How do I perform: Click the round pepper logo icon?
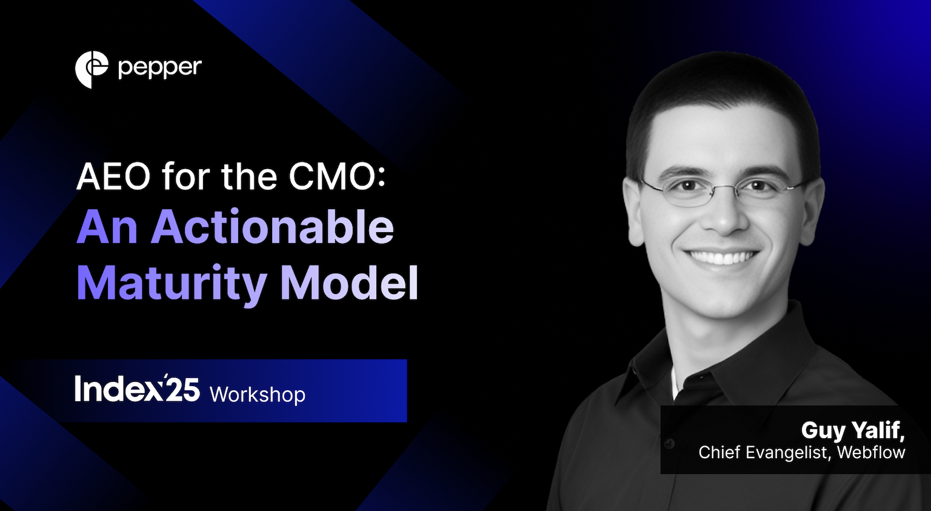tap(92, 69)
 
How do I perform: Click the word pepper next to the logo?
tap(160, 68)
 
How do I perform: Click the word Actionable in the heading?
tap(272, 227)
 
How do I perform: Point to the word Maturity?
tap(172, 282)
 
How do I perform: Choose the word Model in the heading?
tap(349, 282)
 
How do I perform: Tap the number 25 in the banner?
tap(182, 390)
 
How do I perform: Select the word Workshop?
tap(258, 395)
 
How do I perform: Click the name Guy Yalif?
tap(852, 430)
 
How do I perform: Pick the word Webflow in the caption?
tap(871, 452)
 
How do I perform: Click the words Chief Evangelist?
tap(765, 452)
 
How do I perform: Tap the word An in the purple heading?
tap(107, 227)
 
